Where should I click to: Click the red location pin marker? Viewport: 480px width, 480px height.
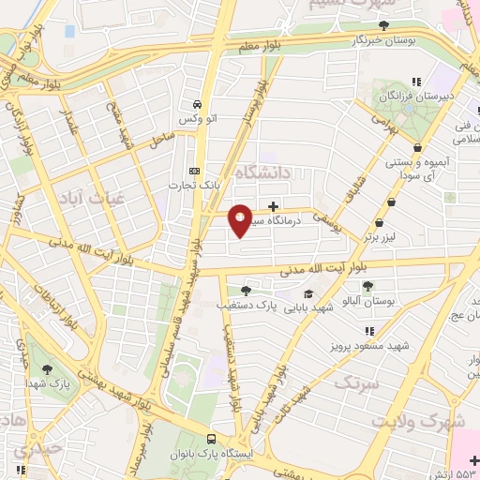click(241, 219)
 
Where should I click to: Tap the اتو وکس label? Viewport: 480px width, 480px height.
click(196, 122)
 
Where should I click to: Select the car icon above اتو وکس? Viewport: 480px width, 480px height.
click(196, 105)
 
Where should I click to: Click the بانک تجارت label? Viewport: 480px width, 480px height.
click(195, 185)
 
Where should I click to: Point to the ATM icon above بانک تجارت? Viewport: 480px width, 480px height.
click(195, 171)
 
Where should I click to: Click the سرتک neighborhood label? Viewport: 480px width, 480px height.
click(357, 382)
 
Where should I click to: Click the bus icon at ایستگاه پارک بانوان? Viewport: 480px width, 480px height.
click(211, 438)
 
